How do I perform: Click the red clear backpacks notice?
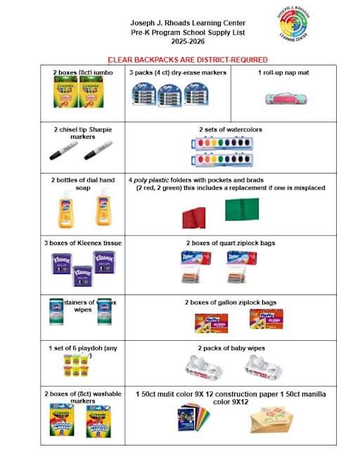(x=188, y=60)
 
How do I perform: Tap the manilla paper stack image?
(x=265, y=420)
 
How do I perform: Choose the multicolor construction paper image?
(x=193, y=420)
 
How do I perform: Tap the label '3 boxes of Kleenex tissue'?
(x=79, y=243)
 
